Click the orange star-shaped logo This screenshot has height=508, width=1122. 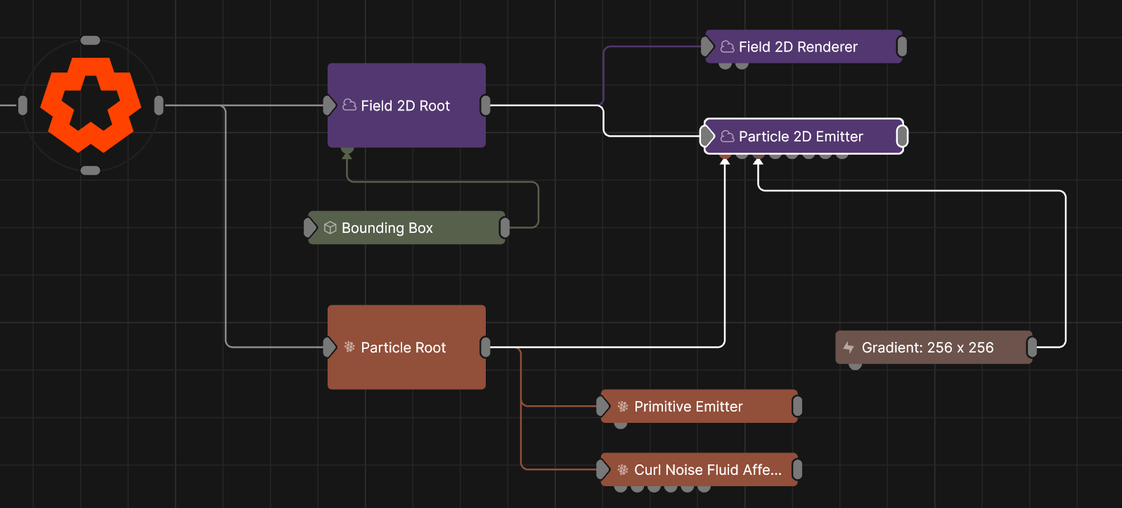(x=90, y=105)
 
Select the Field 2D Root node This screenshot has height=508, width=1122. (x=406, y=106)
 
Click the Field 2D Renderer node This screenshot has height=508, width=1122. (x=804, y=46)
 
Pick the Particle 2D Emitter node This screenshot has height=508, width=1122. (x=804, y=136)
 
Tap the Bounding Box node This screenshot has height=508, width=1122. (x=406, y=228)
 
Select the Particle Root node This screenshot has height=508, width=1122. (x=406, y=347)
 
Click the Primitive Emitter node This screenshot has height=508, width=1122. (x=699, y=406)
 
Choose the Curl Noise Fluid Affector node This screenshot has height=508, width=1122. (x=699, y=469)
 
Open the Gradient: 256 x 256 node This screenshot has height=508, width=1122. (x=934, y=347)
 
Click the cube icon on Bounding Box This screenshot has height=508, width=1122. (x=330, y=228)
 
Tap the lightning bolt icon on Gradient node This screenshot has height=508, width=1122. (x=849, y=347)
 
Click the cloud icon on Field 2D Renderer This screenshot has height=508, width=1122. (x=728, y=46)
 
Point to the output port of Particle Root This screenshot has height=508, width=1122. (x=485, y=347)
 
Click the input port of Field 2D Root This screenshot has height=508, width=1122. (x=329, y=106)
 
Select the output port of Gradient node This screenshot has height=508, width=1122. (x=1032, y=347)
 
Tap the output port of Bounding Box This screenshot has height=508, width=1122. (x=505, y=228)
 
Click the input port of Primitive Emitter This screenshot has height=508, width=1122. (x=602, y=406)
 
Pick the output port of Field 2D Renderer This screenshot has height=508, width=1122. (x=902, y=46)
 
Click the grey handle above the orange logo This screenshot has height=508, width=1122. (x=90, y=40)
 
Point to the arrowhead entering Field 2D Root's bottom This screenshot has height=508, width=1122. (x=347, y=156)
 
